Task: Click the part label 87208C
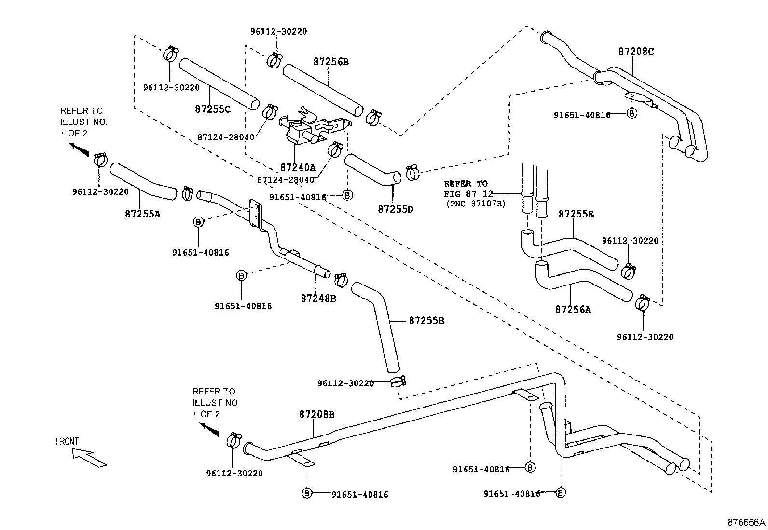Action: tap(636, 52)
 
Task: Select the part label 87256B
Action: tap(330, 62)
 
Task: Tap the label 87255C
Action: tap(213, 109)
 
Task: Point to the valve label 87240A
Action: tap(298, 167)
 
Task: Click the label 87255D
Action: tap(396, 209)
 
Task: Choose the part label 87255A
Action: tap(142, 214)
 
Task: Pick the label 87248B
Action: tap(318, 298)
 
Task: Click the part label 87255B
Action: tap(426, 320)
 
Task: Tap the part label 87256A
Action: tap(573, 310)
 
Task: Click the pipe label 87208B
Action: tap(316, 414)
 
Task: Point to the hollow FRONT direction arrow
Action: tap(89, 458)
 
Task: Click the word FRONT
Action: tap(67, 441)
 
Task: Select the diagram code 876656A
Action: tap(746, 522)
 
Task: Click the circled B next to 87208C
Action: tap(631, 114)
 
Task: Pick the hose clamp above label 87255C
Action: tap(171, 54)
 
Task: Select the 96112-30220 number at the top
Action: tap(278, 32)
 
